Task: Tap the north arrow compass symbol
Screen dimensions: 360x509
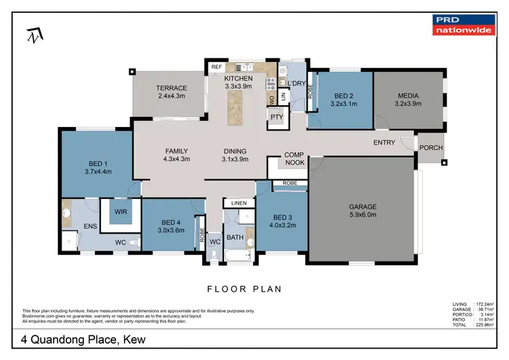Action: pyautogui.click(x=33, y=34)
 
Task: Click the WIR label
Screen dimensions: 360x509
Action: pyautogui.click(x=121, y=212)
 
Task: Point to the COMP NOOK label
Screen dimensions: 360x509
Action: pyautogui.click(x=294, y=159)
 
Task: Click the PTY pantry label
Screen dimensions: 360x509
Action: pyautogui.click(x=276, y=117)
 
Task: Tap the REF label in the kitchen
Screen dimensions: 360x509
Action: pyautogui.click(x=216, y=67)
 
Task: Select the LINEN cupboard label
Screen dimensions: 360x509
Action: pyautogui.click(x=238, y=203)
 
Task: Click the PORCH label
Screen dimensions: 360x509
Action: pyautogui.click(x=430, y=147)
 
